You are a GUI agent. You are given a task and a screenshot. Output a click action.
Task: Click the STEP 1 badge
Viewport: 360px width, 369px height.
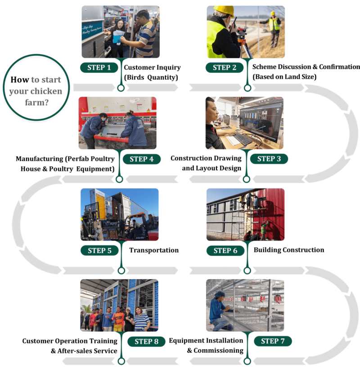point(99,67)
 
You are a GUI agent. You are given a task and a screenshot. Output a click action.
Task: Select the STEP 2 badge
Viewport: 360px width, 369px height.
point(225,67)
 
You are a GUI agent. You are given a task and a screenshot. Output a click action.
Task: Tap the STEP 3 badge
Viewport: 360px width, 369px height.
point(269,158)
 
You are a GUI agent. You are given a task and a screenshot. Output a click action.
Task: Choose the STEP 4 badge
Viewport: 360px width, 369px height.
point(141,159)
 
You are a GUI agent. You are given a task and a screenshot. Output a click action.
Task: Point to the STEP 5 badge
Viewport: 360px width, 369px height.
point(99,250)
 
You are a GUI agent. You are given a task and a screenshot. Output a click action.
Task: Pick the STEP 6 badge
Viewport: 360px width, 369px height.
point(225,250)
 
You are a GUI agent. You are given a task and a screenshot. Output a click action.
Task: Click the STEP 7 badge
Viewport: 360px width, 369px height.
point(273,341)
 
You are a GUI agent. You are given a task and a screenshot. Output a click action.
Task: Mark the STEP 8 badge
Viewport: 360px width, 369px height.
point(146,342)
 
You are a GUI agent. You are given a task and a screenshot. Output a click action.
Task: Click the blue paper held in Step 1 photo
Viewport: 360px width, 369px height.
point(117,38)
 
